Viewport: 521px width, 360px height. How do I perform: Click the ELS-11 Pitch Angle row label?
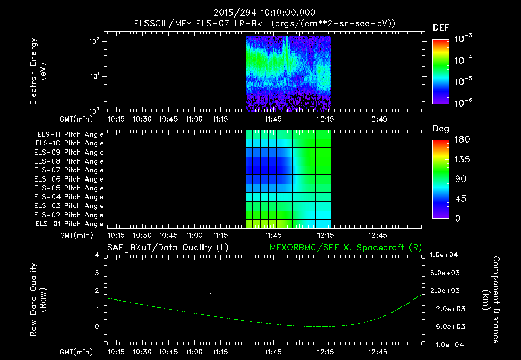(70, 134)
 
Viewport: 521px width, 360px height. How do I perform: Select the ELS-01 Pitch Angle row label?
(70, 224)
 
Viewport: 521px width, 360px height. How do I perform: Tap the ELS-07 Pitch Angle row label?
(70, 170)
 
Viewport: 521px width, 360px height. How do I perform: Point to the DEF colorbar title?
(441, 28)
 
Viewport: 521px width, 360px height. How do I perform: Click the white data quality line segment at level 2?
(163, 291)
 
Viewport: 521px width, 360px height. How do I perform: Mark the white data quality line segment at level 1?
(250, 309)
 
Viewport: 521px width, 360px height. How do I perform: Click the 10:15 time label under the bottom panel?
(117, 352)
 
